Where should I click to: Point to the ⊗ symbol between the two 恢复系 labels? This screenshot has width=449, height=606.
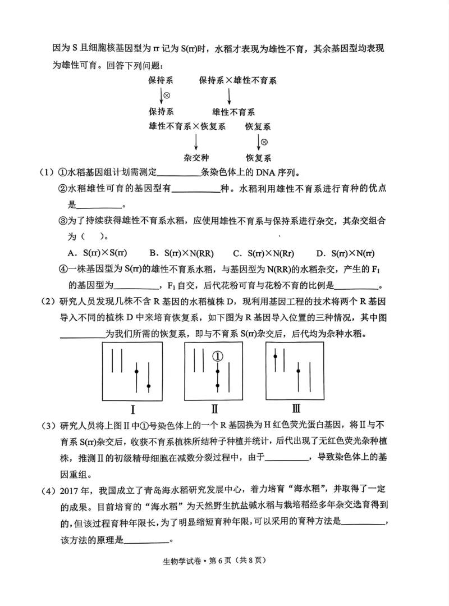pos(264,142)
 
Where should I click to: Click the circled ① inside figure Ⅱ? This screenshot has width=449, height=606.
pos(218,356)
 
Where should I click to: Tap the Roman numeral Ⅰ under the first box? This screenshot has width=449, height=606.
pos(132,409)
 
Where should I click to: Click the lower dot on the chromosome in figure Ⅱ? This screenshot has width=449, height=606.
pos(218,386)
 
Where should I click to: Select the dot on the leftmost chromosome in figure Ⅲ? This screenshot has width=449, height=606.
pos(275,355)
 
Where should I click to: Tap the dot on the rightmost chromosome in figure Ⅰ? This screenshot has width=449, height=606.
pos(149,386)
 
